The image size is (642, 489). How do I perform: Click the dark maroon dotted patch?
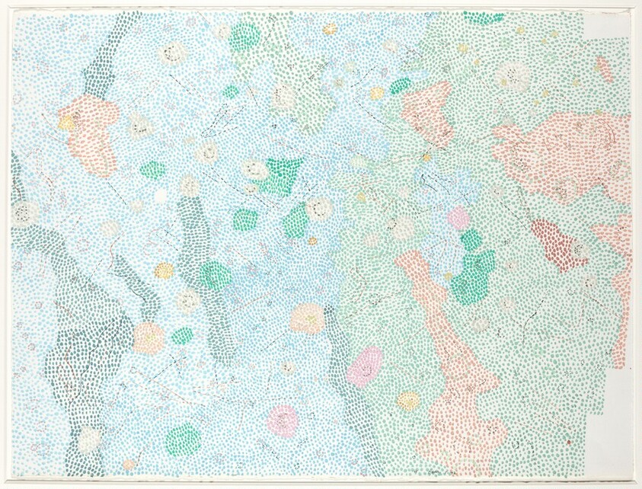coord(558,243)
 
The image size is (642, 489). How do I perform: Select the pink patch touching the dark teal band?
coord(365,367)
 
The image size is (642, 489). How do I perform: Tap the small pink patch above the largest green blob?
coord(458,219)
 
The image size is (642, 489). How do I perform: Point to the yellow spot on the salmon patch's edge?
coord(67,122)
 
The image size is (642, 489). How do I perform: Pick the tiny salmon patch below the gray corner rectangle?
coord(605,70)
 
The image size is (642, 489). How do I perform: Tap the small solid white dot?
coord(160,196)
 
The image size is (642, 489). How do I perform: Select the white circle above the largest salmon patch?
coord(513,76)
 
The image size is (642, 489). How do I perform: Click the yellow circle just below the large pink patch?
coord(408,401)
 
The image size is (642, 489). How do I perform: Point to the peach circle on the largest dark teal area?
coord(149,337)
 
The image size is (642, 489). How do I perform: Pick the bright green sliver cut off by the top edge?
coord(484,17)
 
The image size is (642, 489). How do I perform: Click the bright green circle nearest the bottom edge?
coord(184,440)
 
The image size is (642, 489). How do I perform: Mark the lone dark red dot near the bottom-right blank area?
coord(568,441)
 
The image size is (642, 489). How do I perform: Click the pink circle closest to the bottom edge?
coord(283,420)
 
